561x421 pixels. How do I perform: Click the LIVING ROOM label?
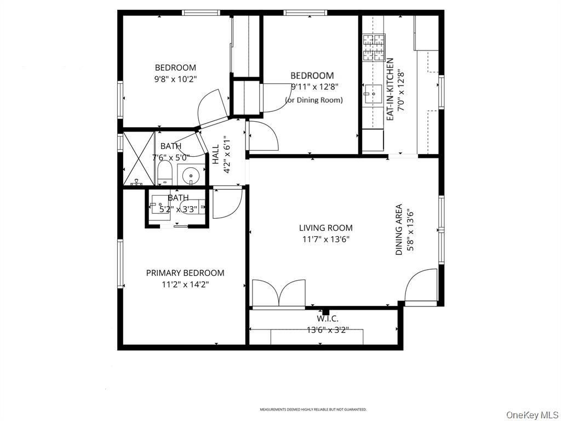click(325, 227)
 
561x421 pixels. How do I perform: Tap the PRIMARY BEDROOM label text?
click(185, 273)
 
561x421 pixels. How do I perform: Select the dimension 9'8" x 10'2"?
click(175, 79)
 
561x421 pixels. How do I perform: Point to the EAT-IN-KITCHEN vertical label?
click(390, 89)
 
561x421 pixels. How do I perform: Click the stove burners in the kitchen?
click(374, 47)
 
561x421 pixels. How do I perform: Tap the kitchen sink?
click(374, 94)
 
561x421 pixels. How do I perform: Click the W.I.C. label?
click(328, 318)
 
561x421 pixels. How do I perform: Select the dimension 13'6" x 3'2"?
click(328, 330)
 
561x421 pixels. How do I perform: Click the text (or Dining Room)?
click(313, 100)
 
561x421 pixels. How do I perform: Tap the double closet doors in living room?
click(279, 293)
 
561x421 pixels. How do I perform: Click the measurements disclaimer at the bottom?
click(313, 409)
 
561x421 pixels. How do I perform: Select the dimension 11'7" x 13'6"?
click(325, 239)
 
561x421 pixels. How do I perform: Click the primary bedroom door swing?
click(226, 204)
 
